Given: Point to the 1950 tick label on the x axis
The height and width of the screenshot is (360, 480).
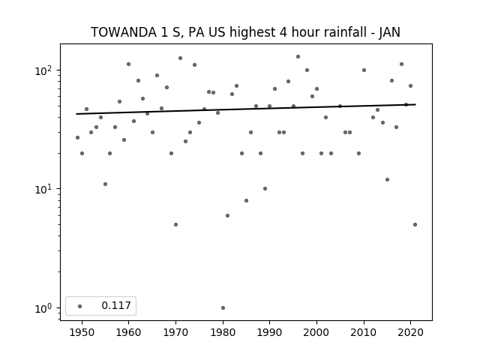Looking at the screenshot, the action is pyautogui.click(x=82, y=332).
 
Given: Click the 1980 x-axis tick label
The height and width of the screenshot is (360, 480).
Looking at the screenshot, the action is pyautogui.click(x=223, y=332).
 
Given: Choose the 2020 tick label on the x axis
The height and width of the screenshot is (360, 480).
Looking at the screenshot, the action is pyautogui.click(x=411, y=332).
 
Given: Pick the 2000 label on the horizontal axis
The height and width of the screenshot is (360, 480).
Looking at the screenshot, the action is pyautogui.click(x=316, y=332).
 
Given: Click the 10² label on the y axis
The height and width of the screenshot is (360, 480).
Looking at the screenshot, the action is pyautogui.click(x=44, y=70).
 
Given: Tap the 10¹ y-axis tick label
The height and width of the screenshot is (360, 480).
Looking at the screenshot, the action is pyautogui.click(x=44, y=189).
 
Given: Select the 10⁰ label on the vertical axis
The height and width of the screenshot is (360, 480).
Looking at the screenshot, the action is pyautogui.click(x=44, y=308).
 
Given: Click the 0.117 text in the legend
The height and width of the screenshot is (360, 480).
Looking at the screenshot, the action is pyautogui.click(x=116, y=305).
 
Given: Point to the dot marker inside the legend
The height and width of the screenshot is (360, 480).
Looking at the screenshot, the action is pyautogui.click(x=80, y=306).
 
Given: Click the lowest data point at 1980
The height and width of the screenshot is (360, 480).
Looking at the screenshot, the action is pyautogui.click(x=223, y=308).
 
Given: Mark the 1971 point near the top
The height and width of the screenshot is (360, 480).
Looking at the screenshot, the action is pyautogui.click(x=180, y=58).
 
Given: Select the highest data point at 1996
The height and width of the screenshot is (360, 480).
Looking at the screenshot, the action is pyautogui.click(x=298, y=57).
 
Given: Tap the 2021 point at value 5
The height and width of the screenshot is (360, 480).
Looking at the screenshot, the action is pyautogui.click(x=415, y=225).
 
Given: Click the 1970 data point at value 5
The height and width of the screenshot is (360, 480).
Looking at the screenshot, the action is pyautogui.click(x=175, y=225).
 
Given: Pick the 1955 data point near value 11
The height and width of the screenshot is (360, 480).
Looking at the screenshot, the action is pyautogui.click(x=105, y=184).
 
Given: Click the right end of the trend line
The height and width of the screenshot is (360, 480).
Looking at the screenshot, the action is pyautogui.click(x=415, y=105).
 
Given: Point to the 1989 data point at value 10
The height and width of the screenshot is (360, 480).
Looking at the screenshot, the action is pyautogui.click(x=265, y=188).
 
